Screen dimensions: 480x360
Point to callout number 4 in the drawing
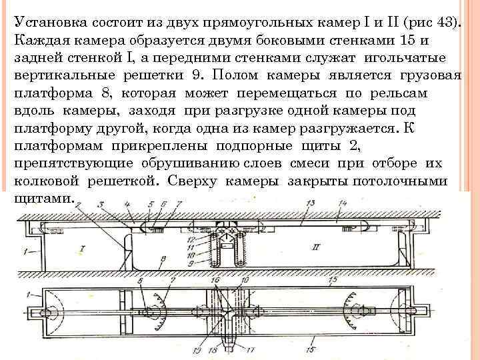(126, 205)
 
